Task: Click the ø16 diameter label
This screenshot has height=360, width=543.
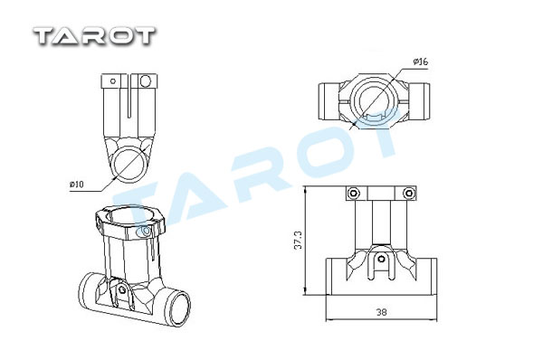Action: point(421,62)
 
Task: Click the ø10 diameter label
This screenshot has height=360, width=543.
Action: point(77,185)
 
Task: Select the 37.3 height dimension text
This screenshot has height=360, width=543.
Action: point(298,240)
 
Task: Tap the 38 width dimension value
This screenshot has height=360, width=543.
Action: point(381,312)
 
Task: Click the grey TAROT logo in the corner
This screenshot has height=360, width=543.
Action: point(94,36)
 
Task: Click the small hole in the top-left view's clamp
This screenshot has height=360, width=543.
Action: point(113,81)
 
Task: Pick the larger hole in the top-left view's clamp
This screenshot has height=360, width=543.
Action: point(146,81)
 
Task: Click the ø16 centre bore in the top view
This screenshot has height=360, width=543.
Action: point(375,84)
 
